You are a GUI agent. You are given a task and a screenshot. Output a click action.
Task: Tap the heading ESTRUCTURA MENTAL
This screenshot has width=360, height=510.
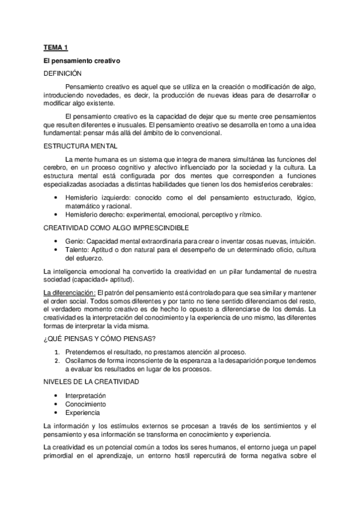[x=80, y=146]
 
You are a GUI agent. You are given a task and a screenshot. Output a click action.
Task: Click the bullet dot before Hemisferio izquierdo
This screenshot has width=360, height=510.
[x=56, y=198]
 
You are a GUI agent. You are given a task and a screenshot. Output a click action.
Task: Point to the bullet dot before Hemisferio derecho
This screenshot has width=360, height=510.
[x=56, y=214]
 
